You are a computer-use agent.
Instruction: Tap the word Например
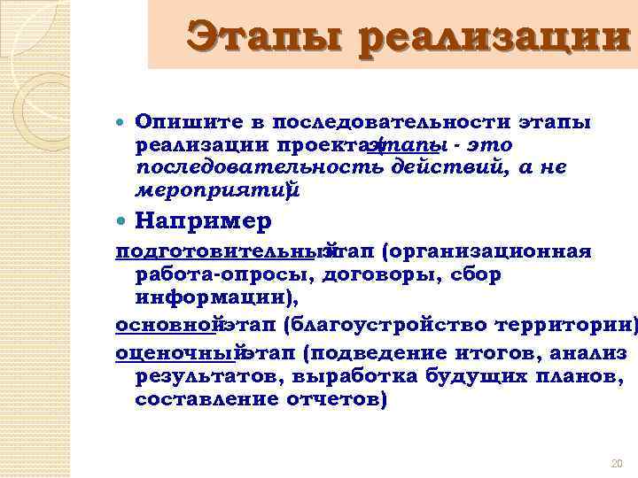203,220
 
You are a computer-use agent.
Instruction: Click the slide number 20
619,464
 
